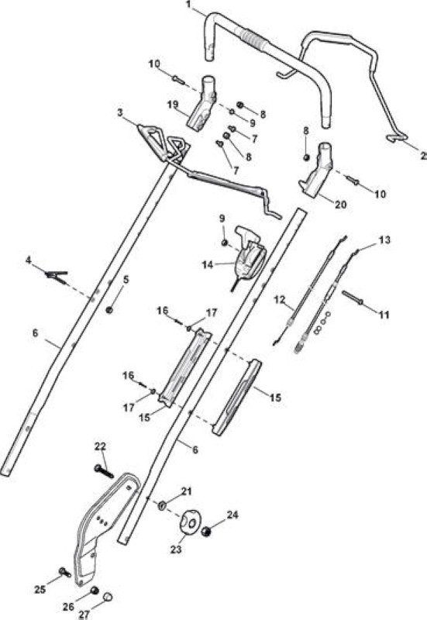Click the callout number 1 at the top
(x=188, y=5)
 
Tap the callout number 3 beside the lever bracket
(x=120, y=113)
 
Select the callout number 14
(x=208, y=265)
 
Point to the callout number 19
(x=173, y=105)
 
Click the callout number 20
(x=341, y=205)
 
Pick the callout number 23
(x=176, y=549)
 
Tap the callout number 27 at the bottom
(x=84, y=614)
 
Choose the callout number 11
(x=384, y=315)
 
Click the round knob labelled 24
(x=205, y=532)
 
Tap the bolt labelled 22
(x=104, y=471)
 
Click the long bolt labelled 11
(x=352, y=297)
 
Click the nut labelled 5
(x=110, y=309)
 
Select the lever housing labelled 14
(x=248, y=257)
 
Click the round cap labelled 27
(x=108, y=596)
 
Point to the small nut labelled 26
(x=94, y=591)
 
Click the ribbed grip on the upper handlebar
(x=251, y=40)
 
